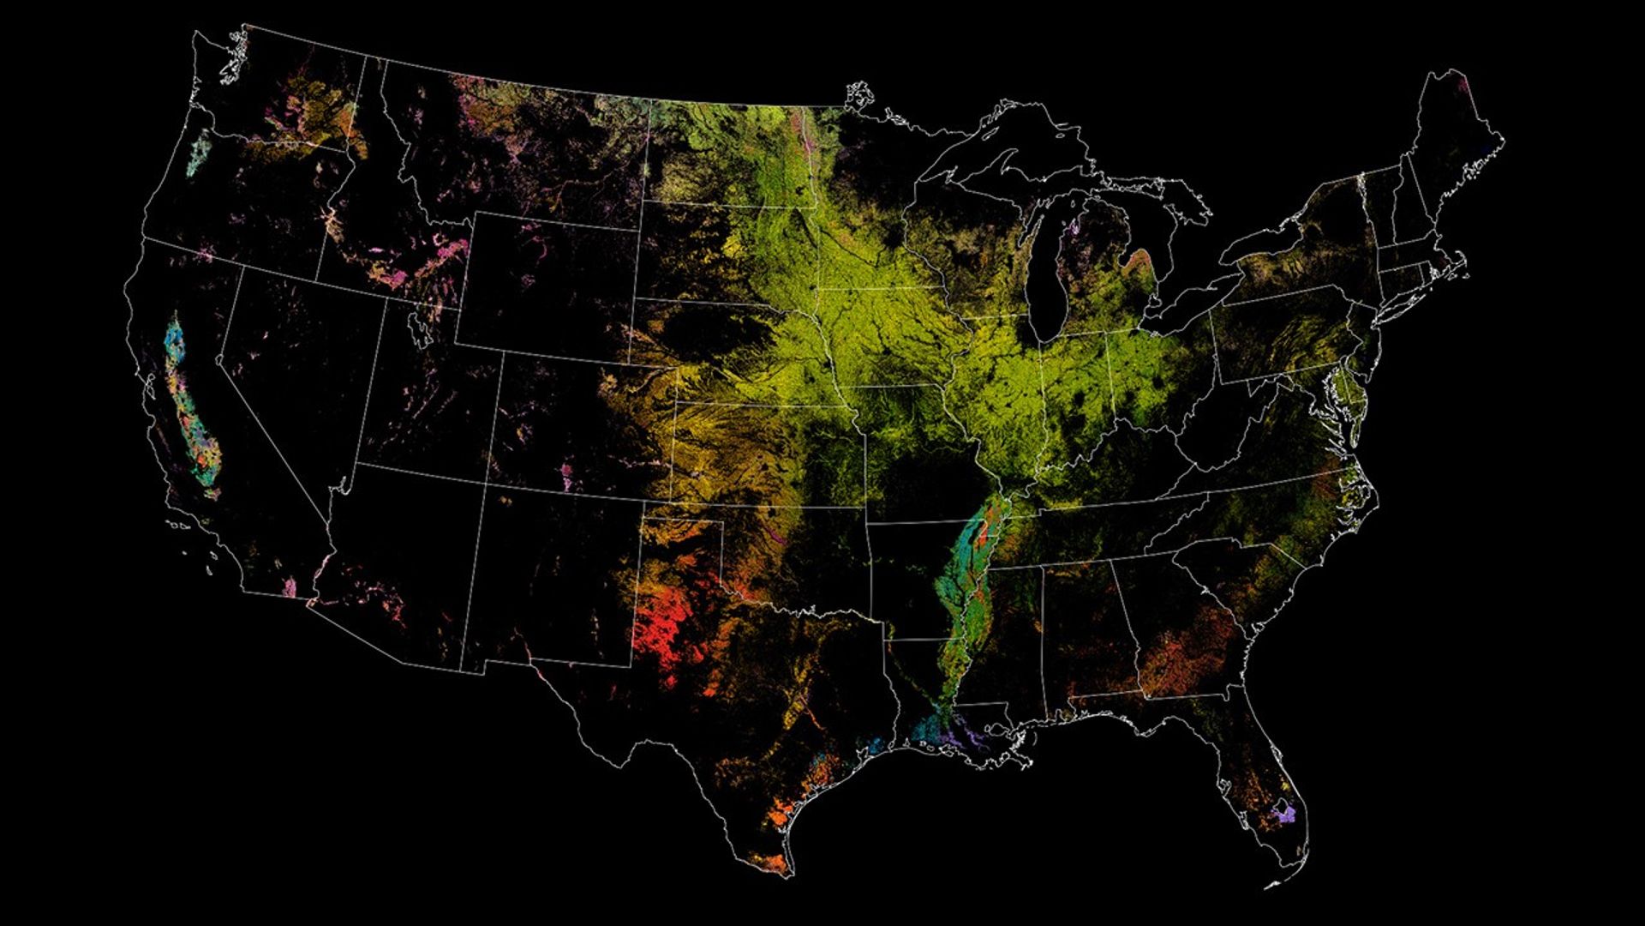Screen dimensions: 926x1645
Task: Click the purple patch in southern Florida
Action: coord(1284,813)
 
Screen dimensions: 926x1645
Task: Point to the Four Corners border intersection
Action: coord(485,484)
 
